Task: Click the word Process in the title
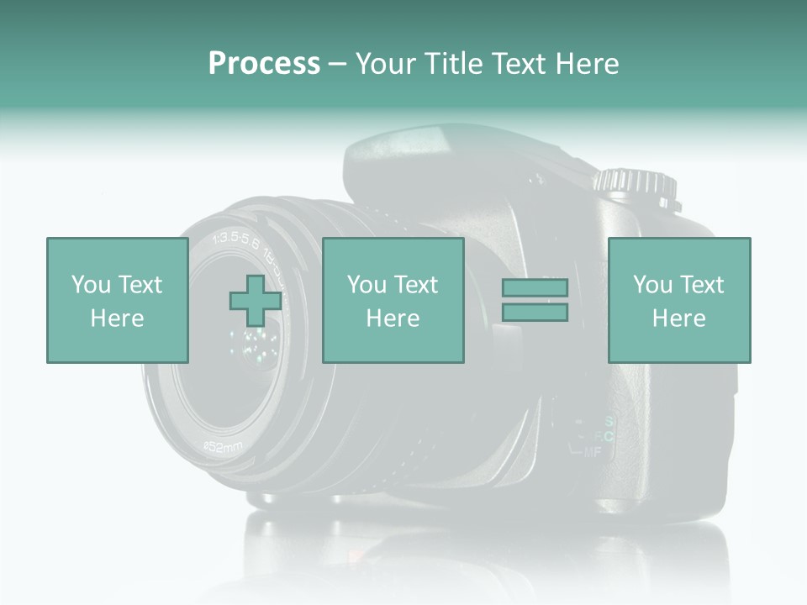tap(264, 64)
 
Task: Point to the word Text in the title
tap(521, 64)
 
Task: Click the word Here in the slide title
tap(588, 64)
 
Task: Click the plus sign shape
tap(256, 300)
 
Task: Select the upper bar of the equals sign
tap(535, 287)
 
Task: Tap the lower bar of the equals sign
tap(535, 313)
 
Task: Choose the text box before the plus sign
tap(117, 300)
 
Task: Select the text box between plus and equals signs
tap(393, 300)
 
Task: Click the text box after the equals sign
tap(678, 300)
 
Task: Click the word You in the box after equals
tap(652, 285)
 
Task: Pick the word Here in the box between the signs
tap(393, 318)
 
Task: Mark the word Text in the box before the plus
tap(140, 285)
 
